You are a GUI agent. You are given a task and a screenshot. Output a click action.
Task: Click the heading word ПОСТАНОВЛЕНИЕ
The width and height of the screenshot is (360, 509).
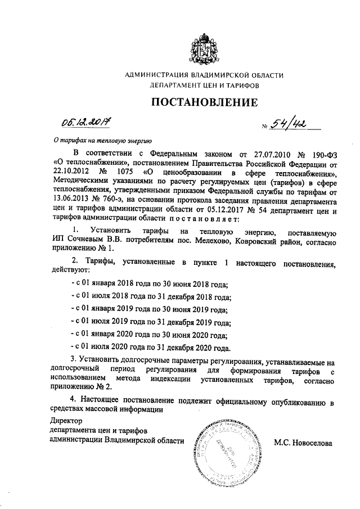pyautogui.click(x=204, y=102)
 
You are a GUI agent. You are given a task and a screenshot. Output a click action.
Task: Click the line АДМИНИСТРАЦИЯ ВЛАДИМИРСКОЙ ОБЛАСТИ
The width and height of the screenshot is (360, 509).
pyautogui.click(x=204, y=75)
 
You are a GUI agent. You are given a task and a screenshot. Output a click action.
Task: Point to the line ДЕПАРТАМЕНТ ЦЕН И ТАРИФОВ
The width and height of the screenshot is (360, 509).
pyautogui.click(x=204, y=87)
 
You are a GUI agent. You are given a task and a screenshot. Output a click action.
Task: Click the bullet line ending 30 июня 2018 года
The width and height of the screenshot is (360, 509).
pyautogui.click(x=148, y=286)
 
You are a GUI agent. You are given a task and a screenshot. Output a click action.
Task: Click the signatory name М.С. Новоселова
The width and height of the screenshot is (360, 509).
pyautogui.click(x=303, y=443)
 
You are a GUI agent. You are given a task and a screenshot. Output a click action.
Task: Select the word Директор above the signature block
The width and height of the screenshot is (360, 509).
pyautogui.click(x=66, y=421)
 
